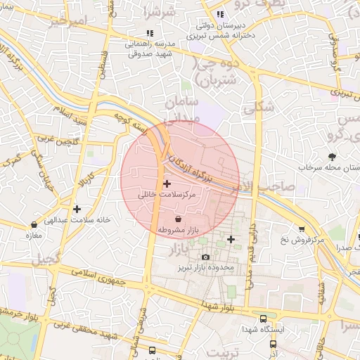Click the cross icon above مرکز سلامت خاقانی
[x=166, y=183]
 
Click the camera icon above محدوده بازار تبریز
[x=205, y=257]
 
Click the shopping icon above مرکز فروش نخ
[x=302, y=229]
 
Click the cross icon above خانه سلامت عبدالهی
[x=77, y=209]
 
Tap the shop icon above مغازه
[x=34, y=225]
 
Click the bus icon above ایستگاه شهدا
[x=263, y=319]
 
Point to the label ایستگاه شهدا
[x=262, y=329]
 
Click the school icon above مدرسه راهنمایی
[x=149, y=33]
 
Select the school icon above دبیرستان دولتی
[x=220, y=14]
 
